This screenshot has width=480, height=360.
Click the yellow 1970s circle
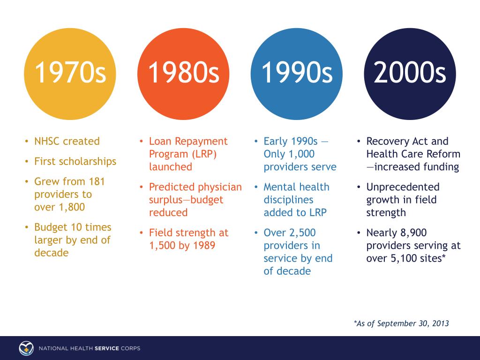[x=70, y=74]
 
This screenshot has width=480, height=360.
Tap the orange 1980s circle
[x=183, y=74]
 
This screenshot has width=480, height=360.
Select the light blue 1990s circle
[x=296, y=74]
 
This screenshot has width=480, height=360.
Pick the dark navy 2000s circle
[x=410, y=74]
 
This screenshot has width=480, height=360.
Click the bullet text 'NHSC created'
[x=67, y=141]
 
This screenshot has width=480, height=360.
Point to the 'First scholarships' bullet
[x=75, y=161]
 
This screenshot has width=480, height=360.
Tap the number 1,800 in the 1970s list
[x=72, y=207]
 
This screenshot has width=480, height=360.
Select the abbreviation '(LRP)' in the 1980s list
[x=204, y=154]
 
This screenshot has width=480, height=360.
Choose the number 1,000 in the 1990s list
[x=301, y=154]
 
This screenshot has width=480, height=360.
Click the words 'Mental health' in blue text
[x=297, y=187]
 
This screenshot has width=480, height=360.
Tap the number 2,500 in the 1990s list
[x=302, y=232]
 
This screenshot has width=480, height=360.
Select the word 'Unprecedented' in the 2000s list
[x=403, y=187]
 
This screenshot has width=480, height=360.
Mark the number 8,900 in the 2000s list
[x=413, y=232]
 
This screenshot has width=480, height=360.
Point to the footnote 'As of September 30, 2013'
[x=403, y=323]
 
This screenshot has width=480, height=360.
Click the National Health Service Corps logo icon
[x=26, y=348]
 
